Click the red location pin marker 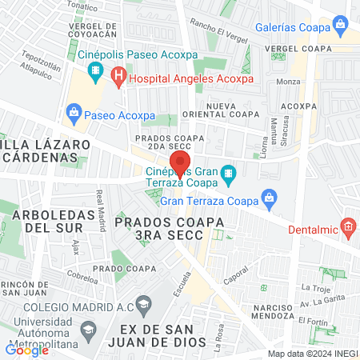pyautogui.click(x=180, y=164)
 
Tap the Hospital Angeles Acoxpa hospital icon pyautogui.click(x=119, y=78)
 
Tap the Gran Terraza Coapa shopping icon pyautogui.click(x=270, y=198)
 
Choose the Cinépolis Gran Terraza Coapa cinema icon pyautogui.click(x=229, y=173)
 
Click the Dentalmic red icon pyautogui.click(x=348, y=227)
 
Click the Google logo pyautogui.click(x=27, y=349)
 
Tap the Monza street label pyautogui.click(x=287, y=82)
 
